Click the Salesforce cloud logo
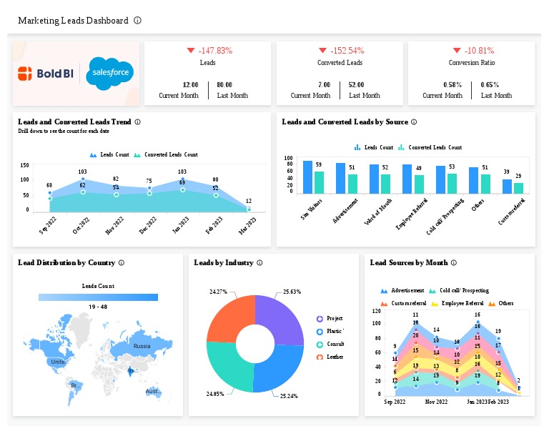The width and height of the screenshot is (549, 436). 109,74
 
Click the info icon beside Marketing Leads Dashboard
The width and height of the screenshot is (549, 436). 137,21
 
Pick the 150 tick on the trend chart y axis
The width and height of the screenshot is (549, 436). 24,165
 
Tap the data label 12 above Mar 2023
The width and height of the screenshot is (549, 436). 248,201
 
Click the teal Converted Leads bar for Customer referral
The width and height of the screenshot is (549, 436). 519,188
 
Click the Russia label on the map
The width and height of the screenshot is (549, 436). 142,347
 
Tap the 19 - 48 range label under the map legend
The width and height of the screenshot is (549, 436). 98,307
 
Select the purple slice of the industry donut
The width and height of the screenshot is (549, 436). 280,318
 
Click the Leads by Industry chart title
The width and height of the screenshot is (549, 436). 224,263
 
